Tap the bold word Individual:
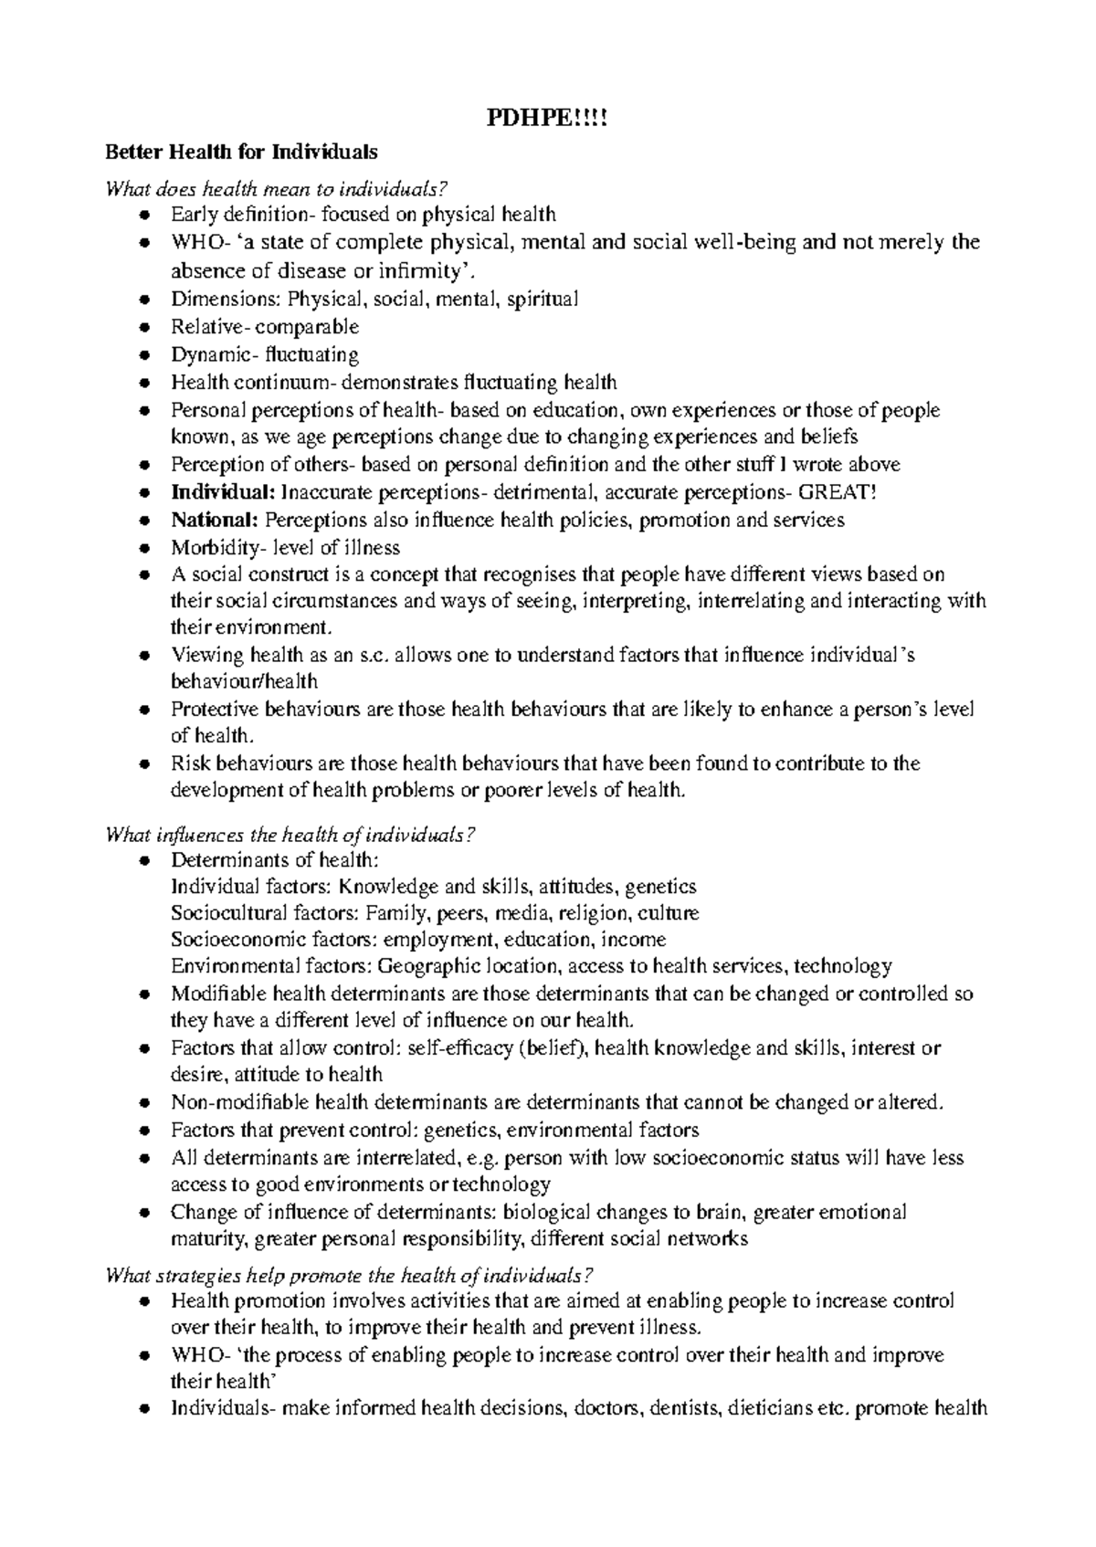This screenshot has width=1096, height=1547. [x=222, y=492]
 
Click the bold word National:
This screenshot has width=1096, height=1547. [x=216, y=521]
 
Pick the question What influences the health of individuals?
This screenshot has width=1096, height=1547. [x=291, y=834]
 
